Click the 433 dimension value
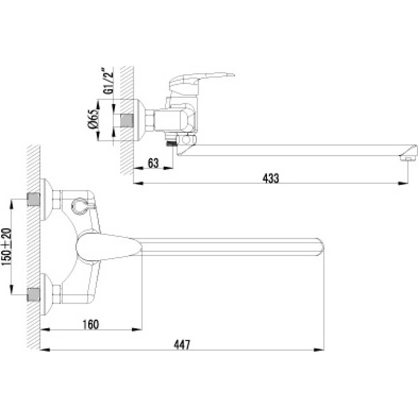[x=271, y=178]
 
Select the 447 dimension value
[x=182, y=345]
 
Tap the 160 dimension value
[x=90, y=324]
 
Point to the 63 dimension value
[x=153, y=163]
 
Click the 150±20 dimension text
[x=6, y=247]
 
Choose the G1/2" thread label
[x=108, y=81]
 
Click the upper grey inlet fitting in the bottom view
[x=33, y=200]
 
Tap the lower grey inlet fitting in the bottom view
[x=33, y=294]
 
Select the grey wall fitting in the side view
[x=127, y=121]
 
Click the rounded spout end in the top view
[x=320, y=247]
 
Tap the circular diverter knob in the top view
[x=79, y=207]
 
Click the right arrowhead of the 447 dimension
[x=319, y=350]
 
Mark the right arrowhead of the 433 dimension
[x=403, y=183]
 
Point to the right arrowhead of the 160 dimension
[x=137, y=330]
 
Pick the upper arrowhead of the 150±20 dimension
[x=11, y=205]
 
